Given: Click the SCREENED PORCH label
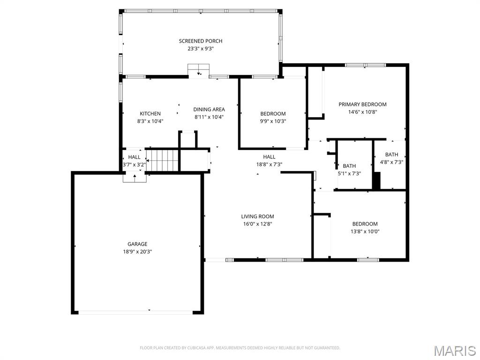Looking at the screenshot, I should coord(200,41).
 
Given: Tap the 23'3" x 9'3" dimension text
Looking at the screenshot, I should coord(200,49).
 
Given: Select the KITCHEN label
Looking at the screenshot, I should coord(150,114).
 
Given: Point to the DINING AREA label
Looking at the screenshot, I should coord(209,110).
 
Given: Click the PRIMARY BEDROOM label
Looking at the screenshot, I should coord(362,105).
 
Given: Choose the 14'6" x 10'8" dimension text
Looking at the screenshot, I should coord(362,112).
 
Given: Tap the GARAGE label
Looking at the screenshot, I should coord(137,244).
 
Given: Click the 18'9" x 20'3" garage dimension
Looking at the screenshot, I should coord(137,252).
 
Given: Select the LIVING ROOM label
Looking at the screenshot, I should coord(257,217).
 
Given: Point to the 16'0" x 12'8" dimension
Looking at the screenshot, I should coord(257,224).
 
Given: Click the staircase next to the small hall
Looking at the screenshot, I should coord(163,160).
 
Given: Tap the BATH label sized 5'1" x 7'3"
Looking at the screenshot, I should coord(349,166).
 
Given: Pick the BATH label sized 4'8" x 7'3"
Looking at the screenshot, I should coord(391,155).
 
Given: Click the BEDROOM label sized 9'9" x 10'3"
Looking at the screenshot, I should coord(273,114).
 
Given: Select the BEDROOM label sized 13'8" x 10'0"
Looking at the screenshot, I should coord(365,224).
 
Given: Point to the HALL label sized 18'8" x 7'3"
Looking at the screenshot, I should coord(269,157).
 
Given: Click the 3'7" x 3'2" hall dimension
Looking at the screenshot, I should coord(134,165).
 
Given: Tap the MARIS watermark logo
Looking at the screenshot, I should coord(454,351).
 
